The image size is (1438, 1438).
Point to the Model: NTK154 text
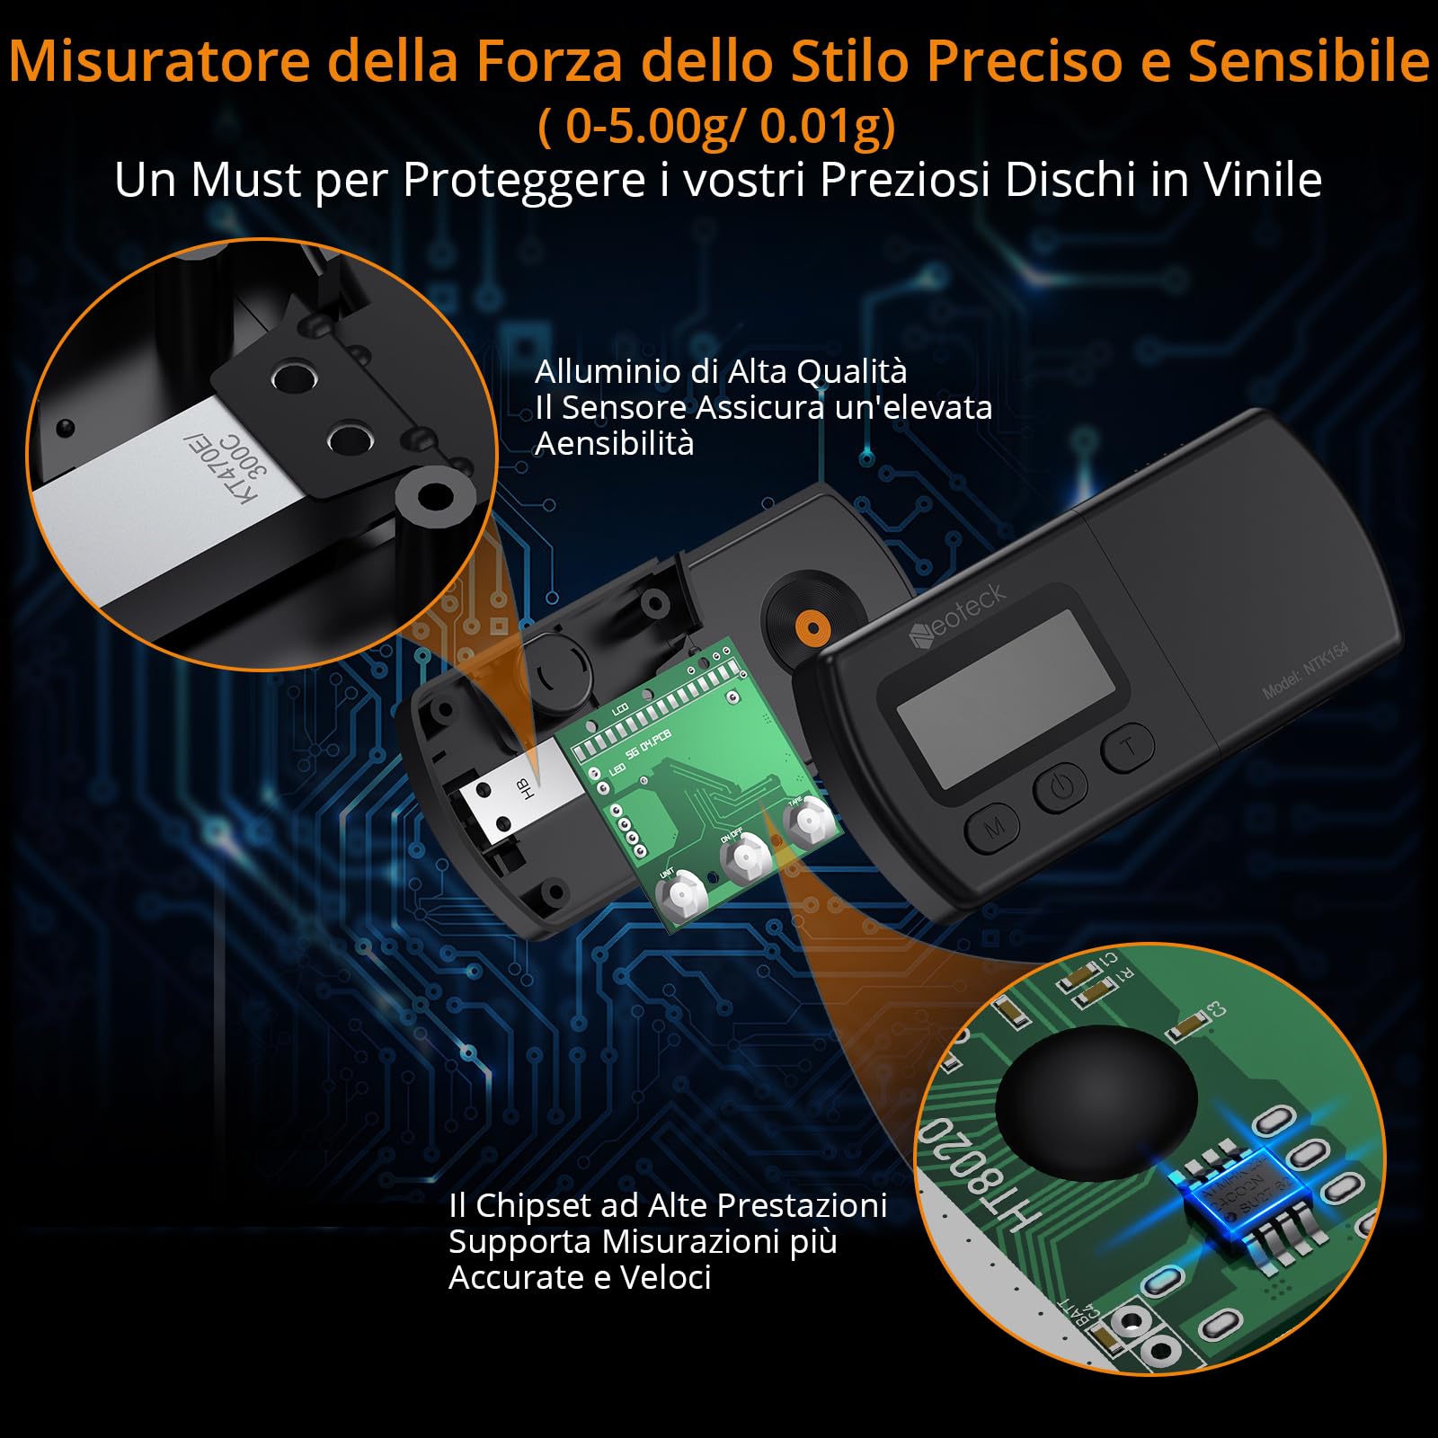tap(1305, 670)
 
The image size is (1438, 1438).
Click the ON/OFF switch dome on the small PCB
tap(747, 858)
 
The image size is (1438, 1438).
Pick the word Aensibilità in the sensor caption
tap(614, 443)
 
